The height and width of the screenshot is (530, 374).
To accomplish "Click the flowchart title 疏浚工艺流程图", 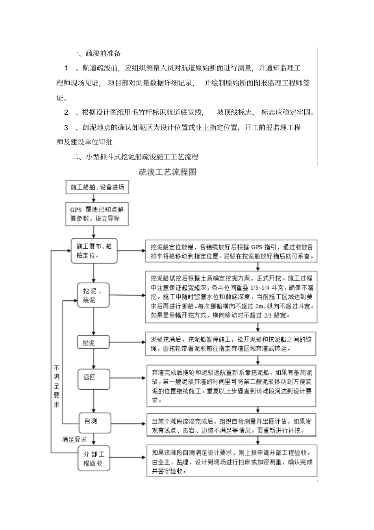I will click(x=167, y=172).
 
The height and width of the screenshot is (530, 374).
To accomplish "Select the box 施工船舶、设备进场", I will click(x=97, y=188).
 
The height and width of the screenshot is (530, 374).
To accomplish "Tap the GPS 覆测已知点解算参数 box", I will click(x=97, y=214).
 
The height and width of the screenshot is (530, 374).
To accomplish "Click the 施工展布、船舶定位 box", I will click(x=94, y=251).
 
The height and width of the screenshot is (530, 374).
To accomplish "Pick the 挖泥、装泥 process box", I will click(x=93, y=296).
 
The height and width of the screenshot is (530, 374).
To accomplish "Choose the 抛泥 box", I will click(x=93, y=343).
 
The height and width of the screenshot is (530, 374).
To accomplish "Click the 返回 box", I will click(x=93, y=377).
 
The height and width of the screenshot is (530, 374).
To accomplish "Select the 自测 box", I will click(x=94, y=421).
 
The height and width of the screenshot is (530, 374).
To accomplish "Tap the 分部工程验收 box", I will click(x=93, y=459).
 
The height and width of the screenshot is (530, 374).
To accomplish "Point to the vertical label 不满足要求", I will click(x=57, y=386).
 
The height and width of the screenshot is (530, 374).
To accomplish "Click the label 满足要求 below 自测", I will click(x=74, y=439).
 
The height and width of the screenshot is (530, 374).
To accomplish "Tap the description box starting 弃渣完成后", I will click(x=231, y=385).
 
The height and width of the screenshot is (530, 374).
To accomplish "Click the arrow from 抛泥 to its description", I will click(x=128, y=343).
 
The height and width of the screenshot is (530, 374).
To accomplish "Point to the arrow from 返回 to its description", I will click(x=128, y=377).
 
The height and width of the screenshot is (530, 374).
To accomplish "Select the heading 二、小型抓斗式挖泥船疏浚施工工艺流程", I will click(x=135, y=157).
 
